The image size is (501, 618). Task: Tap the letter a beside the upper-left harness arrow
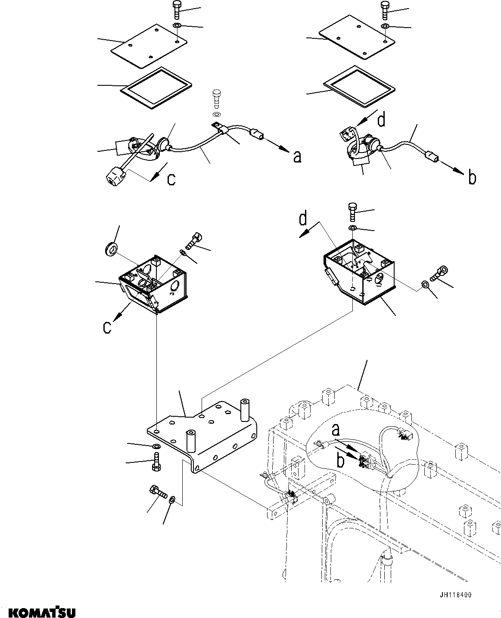pos(297,157)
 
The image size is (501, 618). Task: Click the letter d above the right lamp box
pos(303,219)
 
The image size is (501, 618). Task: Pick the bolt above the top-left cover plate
pos(177,9)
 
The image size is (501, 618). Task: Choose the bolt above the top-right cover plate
pos(384,9)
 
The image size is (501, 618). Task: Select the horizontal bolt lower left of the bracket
pos(157,492)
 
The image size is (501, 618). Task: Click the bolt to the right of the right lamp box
pos(440,272)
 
